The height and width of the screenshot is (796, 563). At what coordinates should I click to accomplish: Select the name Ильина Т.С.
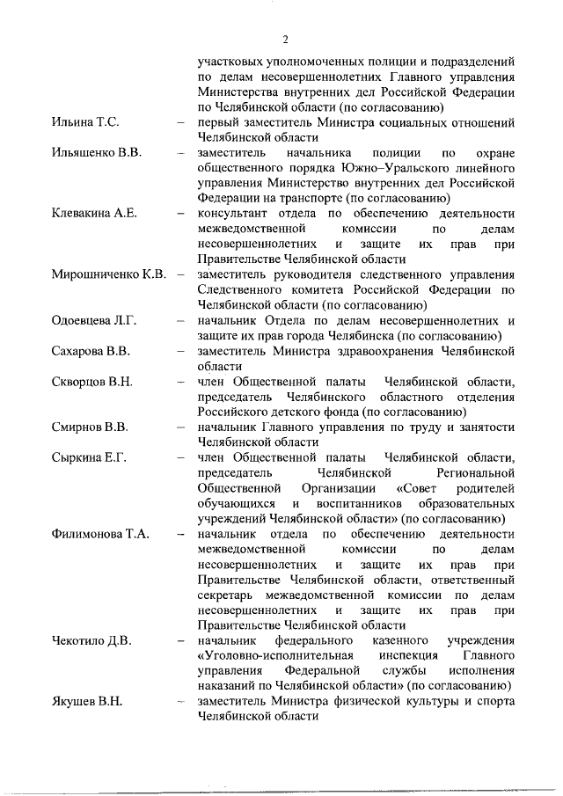click(x=84, y=121)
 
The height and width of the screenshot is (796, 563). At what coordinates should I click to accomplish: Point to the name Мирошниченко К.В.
click(x=109, y=275)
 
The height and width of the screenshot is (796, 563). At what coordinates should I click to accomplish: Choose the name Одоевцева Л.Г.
click(x=94, y=321)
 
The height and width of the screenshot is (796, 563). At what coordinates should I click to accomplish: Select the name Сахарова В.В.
click(x=91, y=352)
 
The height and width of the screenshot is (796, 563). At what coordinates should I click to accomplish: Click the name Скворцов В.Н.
click(x=91, y=383)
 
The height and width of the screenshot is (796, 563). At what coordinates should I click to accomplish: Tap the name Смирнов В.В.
click(x=90, y=428)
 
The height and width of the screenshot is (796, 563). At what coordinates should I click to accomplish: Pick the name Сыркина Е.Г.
click(x=89, y=459)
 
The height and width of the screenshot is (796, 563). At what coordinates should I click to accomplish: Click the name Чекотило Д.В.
click(x=91, y=641)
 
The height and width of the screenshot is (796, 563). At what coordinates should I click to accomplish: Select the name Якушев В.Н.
click(x=86, y=703)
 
